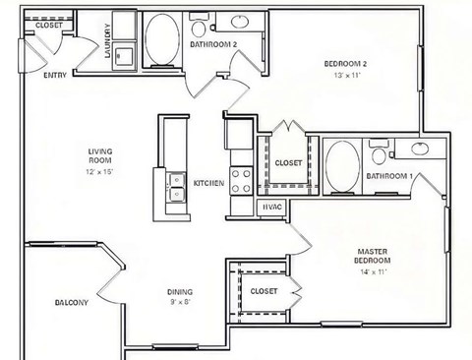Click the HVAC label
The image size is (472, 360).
click(x=272, y=208)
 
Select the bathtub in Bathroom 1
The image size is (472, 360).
click(x=343, y=166)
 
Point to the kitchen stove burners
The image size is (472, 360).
click(x=241, y=181)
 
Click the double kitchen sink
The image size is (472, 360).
click(x=176, y=187)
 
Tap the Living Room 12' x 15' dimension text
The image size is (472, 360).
click(x=99, y=172)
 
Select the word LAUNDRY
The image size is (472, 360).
click(x=107, y=40)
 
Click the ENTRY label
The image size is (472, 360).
click(x=55, y=75)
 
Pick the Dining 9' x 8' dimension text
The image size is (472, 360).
click(x=180, y=302)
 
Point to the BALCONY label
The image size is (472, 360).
click(x=72, y=302)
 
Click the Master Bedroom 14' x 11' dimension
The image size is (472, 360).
click(x=373, y=271)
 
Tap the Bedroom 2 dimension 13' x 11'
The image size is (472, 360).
click(x=347, y=75)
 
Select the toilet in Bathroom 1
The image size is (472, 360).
click(x=379, y=152)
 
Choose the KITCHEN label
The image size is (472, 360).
click(x=208, y=183)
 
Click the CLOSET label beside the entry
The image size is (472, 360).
click(x=48, y=26)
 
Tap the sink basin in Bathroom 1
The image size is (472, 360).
click(x=420, y=149)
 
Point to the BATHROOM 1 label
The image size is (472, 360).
click(x=389, y=176)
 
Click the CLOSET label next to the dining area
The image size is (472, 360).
click(x=264, y=291)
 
